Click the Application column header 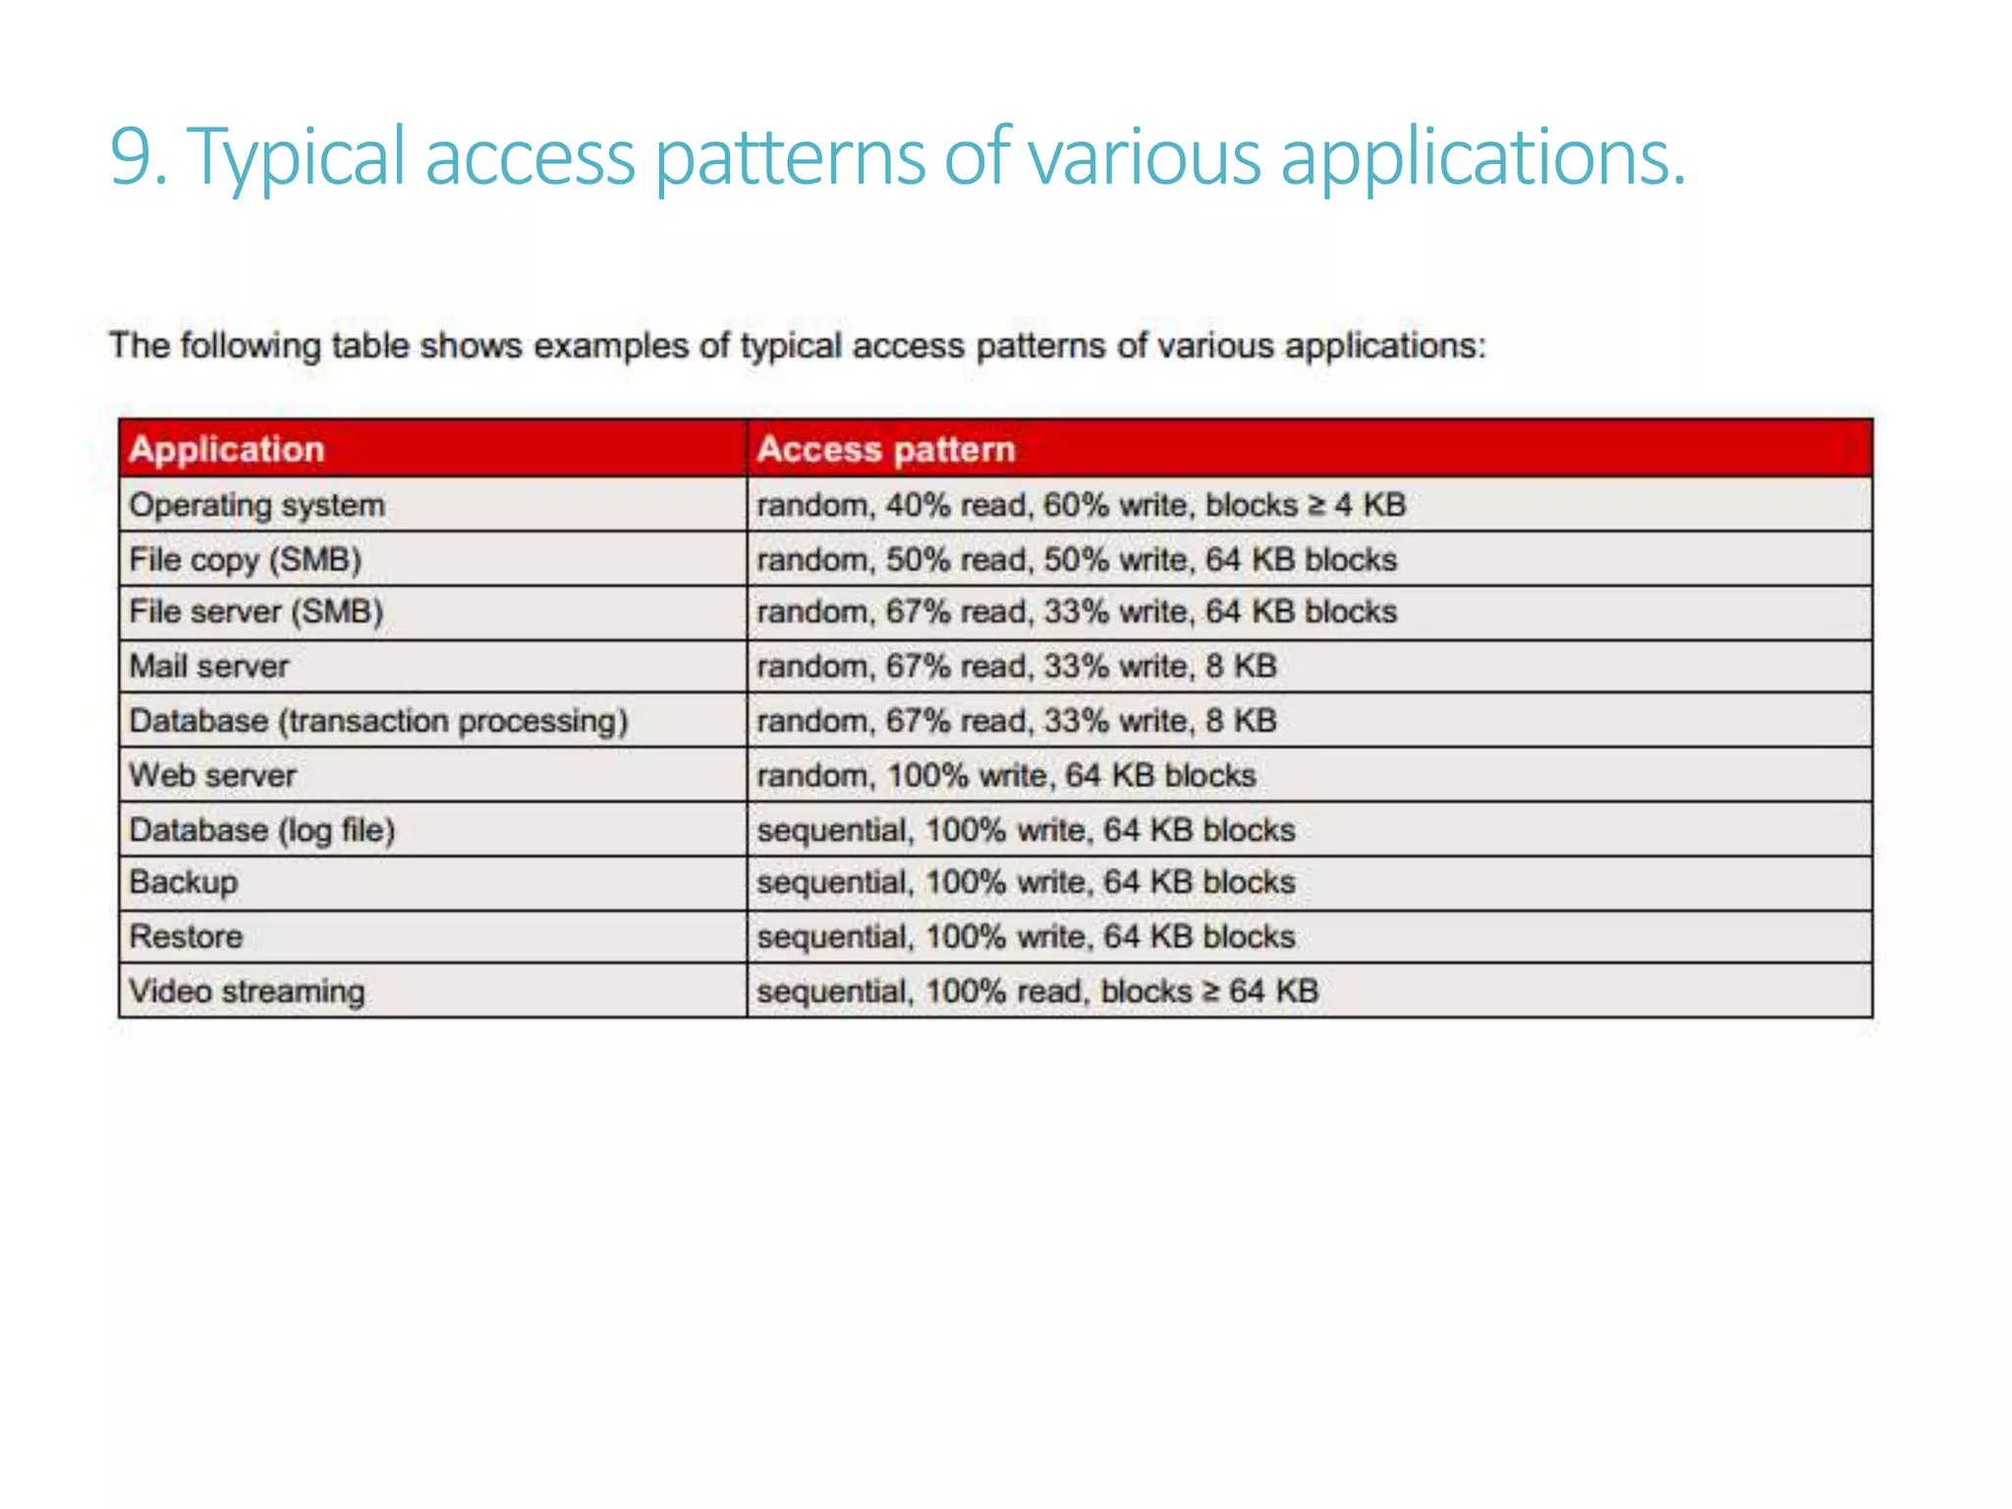227,449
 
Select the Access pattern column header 886,449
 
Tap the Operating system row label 257,505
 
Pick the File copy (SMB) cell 246,559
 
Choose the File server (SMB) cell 256,612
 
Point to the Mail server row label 209,666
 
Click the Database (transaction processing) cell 378,720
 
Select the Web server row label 212,775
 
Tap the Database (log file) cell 262,830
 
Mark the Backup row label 184,882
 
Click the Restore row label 186,936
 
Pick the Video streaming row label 247,991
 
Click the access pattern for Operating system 1081,505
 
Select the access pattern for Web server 1006,775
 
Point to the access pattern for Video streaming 1037,991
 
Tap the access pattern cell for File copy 1077,559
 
